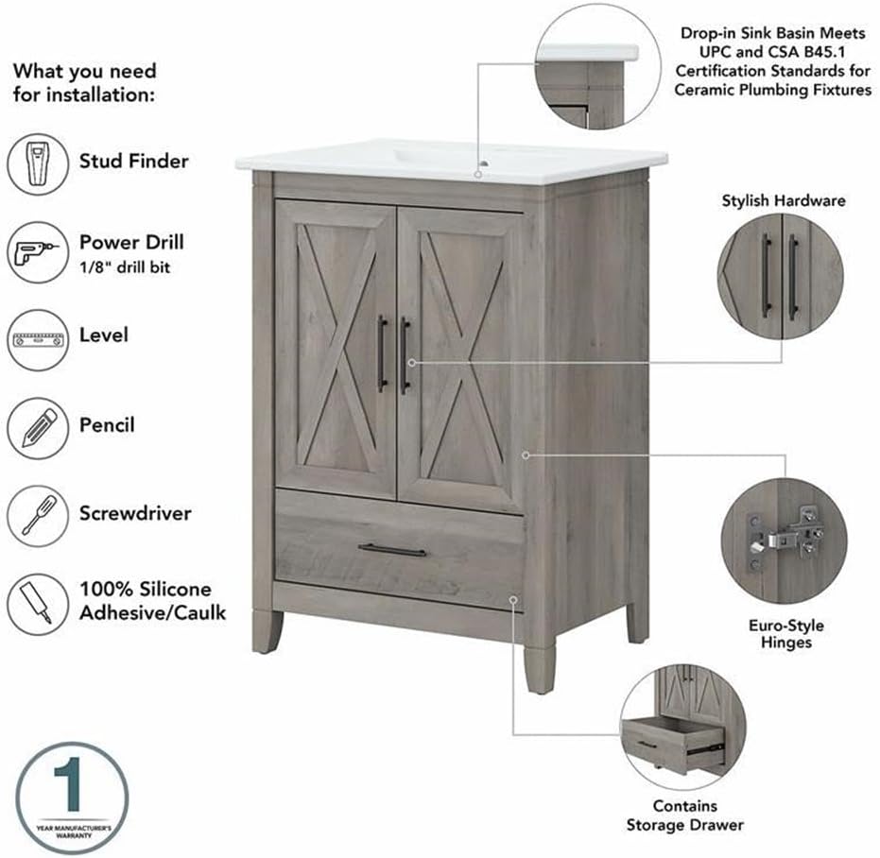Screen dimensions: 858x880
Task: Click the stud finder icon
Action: pyautogui.click(x=38, y=164)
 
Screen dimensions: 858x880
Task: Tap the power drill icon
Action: pyautogui.click(x=38, y=252)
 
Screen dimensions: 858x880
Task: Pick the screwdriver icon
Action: pyautogui.click(x=38, y=516)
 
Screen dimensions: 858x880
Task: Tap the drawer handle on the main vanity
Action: pyautogui.click(x=392, y=550)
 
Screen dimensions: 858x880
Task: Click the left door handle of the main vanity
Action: pyautogui.click(x=382, y=353)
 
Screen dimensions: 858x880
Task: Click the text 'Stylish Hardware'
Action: pyautogui.click(x=784, y=200)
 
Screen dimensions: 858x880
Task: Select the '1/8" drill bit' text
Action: pyautogui.click(x=125, y=267)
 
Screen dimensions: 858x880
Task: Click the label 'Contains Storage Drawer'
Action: pyautogui.click(x=684, y=815)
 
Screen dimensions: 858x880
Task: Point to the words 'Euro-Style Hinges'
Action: pyautogui.click(x=785, y=634)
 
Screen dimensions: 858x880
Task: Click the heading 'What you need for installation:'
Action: pyautogui.click(x=84, y=83)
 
